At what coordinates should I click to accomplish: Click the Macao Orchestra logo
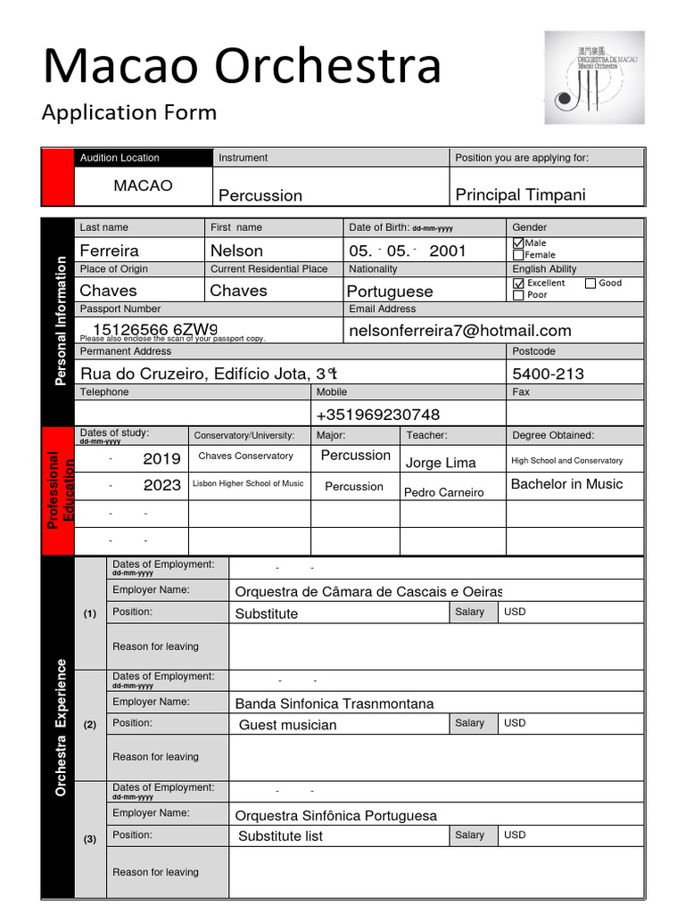coord(594,78)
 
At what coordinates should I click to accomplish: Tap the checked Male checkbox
coord(518,243)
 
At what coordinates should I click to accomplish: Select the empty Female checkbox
coord(518,255)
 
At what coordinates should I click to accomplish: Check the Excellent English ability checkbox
coord(518,284)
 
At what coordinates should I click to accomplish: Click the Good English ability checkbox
coord(590,284)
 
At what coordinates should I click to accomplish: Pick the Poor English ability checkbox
coord(518,295)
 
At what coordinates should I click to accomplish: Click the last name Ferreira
coord(109,251)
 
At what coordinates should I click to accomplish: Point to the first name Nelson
coord(236,251)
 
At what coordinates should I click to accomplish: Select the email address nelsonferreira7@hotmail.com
coord(459,331)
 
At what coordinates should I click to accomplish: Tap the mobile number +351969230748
coord(378,415)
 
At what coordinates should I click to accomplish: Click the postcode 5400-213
coord(548,374)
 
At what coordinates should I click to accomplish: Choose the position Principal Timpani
coord(520,195)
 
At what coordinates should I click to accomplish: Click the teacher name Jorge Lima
coord(441,463)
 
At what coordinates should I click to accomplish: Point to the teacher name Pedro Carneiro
coord(444,492)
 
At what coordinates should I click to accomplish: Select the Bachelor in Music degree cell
coord(566,484)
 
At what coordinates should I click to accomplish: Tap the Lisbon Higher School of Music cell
coord(248,484)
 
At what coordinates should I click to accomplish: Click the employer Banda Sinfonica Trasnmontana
coord(334,703)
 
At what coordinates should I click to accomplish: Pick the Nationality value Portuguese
coord(390,292)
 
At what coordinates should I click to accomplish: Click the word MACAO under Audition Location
coord(143,185)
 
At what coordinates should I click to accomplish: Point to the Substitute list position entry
coord(280,836)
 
